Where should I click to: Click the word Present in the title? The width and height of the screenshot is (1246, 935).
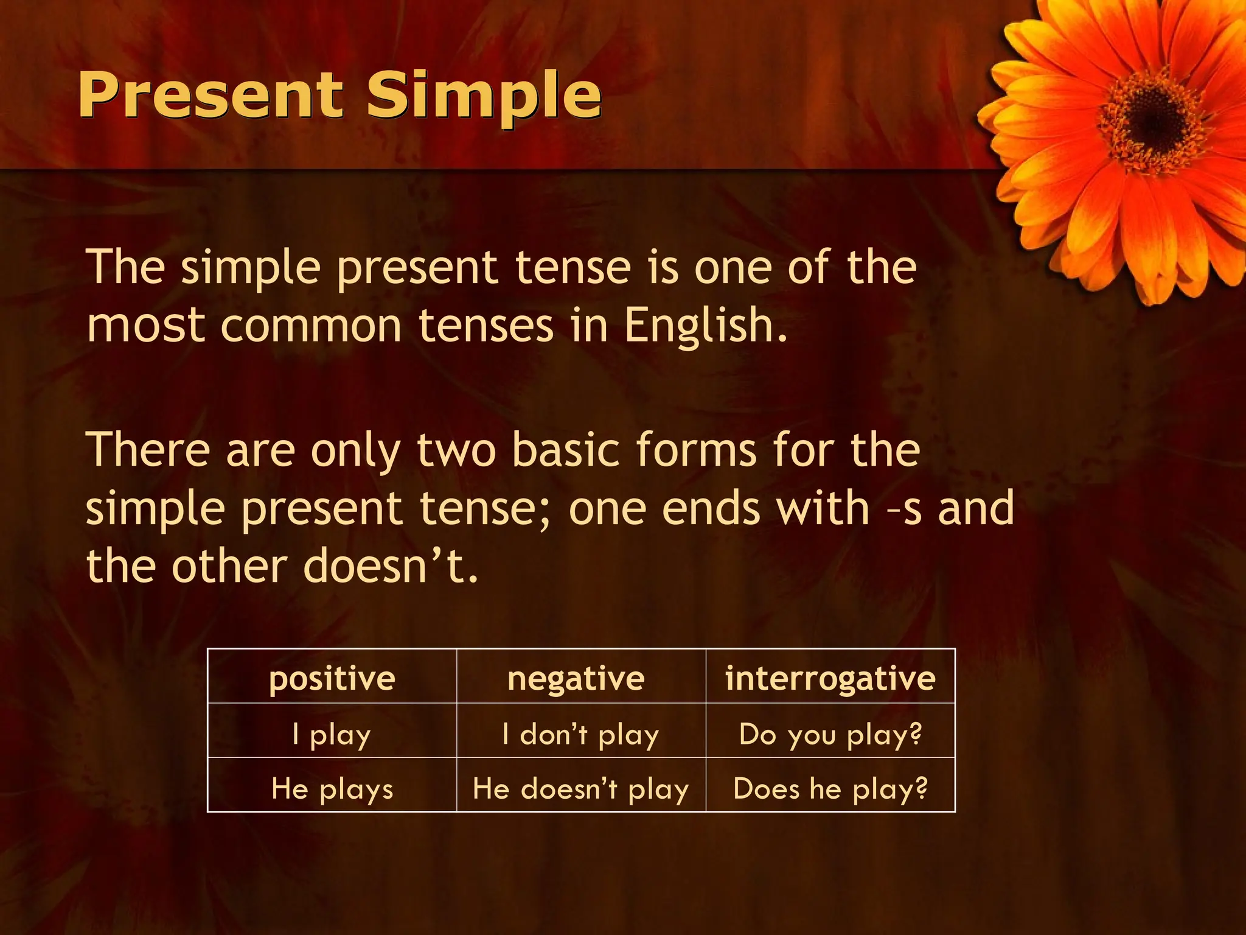pos(210,96)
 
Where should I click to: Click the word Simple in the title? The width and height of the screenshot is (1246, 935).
pos(484,96)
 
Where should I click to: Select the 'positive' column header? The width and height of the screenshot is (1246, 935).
pos(332,678)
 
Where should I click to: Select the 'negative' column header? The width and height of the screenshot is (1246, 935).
pos(576,678)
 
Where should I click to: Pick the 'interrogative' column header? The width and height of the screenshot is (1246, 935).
pos(830,678)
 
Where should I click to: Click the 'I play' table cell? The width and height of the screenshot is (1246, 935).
pos(332,734)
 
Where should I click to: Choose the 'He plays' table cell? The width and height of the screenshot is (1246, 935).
pos(332,788)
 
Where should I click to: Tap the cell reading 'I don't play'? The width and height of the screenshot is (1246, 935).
pos(580,734)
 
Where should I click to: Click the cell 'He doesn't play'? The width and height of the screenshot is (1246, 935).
pos(580,788)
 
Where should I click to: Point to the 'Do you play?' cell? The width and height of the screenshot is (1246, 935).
pos(830,734)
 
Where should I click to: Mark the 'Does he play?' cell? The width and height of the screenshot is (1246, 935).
pos(830,788)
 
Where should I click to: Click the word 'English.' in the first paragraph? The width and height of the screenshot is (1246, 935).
pos(706,326)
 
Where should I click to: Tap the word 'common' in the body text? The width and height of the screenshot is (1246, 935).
pos(311,326)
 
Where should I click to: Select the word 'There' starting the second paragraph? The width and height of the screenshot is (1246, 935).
pos(148,449)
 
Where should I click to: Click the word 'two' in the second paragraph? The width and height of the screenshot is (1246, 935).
pos(456,449)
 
